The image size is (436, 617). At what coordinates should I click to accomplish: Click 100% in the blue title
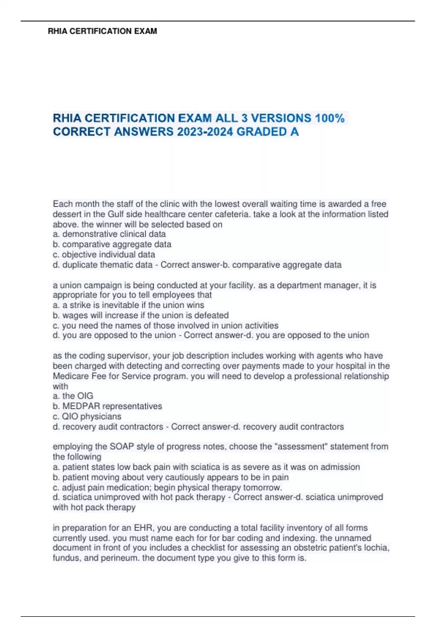click(330, 118)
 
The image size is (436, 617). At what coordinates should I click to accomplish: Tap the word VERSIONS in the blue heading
click(281, 118)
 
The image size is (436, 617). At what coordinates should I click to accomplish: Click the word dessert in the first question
click(66, 214)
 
